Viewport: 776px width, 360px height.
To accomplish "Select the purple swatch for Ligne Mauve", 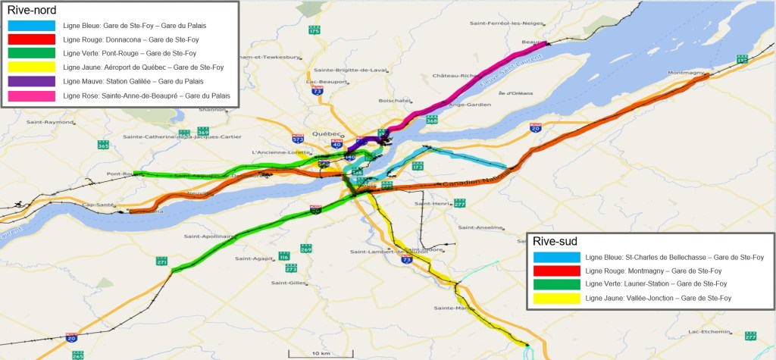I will point(31,81).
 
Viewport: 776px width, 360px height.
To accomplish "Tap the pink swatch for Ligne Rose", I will point(31,95).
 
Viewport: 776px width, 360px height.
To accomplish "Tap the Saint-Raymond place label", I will point(45,122).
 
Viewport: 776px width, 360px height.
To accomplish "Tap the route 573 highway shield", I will point(299,139).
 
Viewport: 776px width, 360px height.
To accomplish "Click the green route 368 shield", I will point(432,120).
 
